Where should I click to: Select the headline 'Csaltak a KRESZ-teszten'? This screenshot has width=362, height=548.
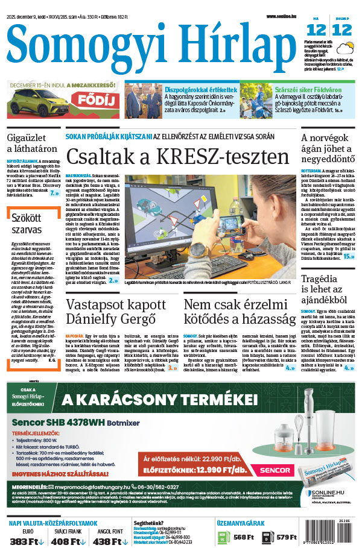tap(177, 157)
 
